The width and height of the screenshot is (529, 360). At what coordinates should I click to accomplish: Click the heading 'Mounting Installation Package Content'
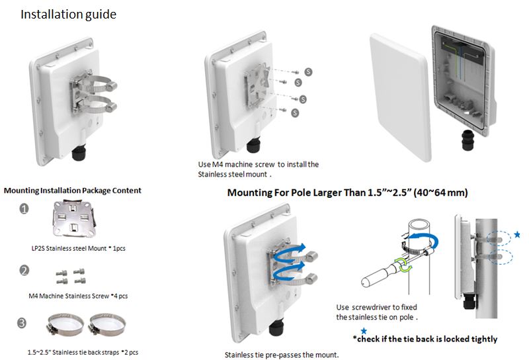(x=73, y=191)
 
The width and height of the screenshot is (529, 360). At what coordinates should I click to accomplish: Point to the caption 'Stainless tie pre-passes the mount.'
(x=282, y=355)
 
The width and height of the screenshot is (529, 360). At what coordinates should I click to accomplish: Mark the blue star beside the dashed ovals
(x=517, y=235)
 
